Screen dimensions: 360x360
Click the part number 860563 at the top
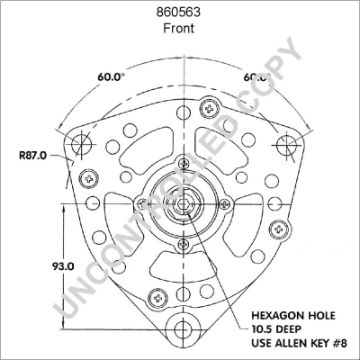[179, 12]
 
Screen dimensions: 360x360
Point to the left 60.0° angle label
[112, 76]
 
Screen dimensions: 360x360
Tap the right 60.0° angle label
[257, 76]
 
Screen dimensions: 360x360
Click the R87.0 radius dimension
[31, 157]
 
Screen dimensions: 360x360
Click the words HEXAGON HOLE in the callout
[288, 318]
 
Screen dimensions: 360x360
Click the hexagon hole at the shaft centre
[184, 204]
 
